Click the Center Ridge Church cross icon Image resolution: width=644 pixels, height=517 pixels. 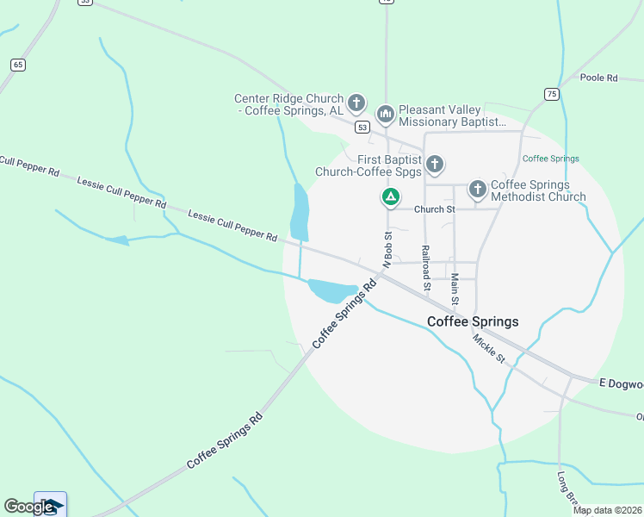(357, 103)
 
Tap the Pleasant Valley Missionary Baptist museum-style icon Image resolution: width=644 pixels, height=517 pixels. (385, 114)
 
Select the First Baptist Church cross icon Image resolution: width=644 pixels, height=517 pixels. (435, 164)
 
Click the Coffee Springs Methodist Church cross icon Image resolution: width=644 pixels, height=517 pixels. (478, 189)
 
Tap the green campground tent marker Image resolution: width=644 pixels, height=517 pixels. (390, 197)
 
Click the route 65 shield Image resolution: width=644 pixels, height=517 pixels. (17, 65)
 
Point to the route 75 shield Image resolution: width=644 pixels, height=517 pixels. (551, 93)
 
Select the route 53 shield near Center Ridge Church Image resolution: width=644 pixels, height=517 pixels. (362, 128)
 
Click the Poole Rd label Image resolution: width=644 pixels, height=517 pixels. (599, 78)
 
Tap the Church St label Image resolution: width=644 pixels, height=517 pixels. (434, 209)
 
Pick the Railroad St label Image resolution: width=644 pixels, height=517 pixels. (425, 266)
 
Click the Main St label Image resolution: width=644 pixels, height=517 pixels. (455, 290)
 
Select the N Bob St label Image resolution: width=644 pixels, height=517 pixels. (387, 247)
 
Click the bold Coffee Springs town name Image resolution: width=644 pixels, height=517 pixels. (473, 321)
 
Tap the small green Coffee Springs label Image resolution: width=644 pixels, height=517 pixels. (551, 159)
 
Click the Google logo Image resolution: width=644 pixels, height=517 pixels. (28, 507)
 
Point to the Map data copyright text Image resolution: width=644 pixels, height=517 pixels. (607, 510)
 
